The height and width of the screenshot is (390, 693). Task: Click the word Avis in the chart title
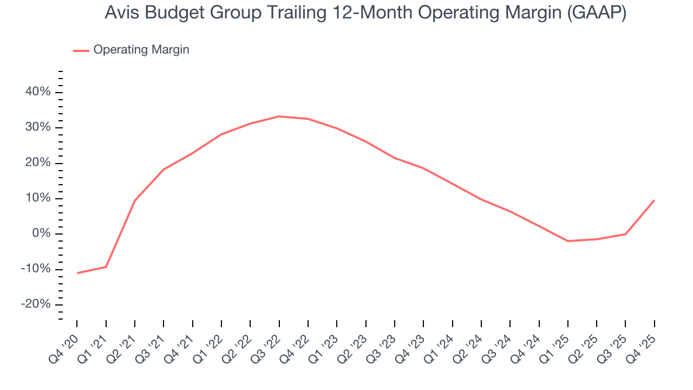coord(121,14)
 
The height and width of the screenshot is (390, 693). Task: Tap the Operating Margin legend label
coord(141,50)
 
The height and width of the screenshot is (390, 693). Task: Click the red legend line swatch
coord(81,50)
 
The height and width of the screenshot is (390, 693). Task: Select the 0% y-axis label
coord(41,233)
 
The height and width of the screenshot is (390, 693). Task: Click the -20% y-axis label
coord(36,304)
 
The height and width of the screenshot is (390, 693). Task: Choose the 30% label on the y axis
coord(38,127)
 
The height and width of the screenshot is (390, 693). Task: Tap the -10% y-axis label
coord(36,269)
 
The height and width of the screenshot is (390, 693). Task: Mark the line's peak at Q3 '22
coord(279,116)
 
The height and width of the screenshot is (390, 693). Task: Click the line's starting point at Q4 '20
coord(77,273)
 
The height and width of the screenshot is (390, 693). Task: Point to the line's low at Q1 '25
coord(568,241)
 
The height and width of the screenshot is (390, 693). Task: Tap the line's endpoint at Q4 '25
coord(655,200)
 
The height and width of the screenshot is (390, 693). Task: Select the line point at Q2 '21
coord(135,200)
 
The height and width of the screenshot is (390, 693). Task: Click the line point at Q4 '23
coord(423,168)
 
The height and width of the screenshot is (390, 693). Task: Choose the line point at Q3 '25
coord(626,234)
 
